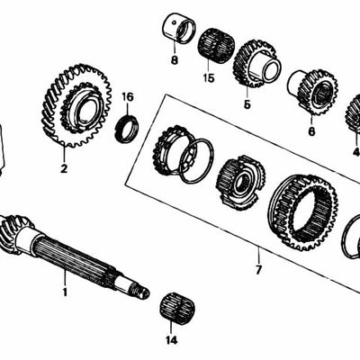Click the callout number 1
pos(64,292)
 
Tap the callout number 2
pos(64,166)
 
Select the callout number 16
pos(127,96)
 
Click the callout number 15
pos(209,79)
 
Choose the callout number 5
pos(246,104)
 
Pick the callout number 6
pos(311,131)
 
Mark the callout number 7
pos(257,269)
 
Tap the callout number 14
pos(171,341)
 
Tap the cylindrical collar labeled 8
pos(176,29)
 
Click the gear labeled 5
pos(254,63)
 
